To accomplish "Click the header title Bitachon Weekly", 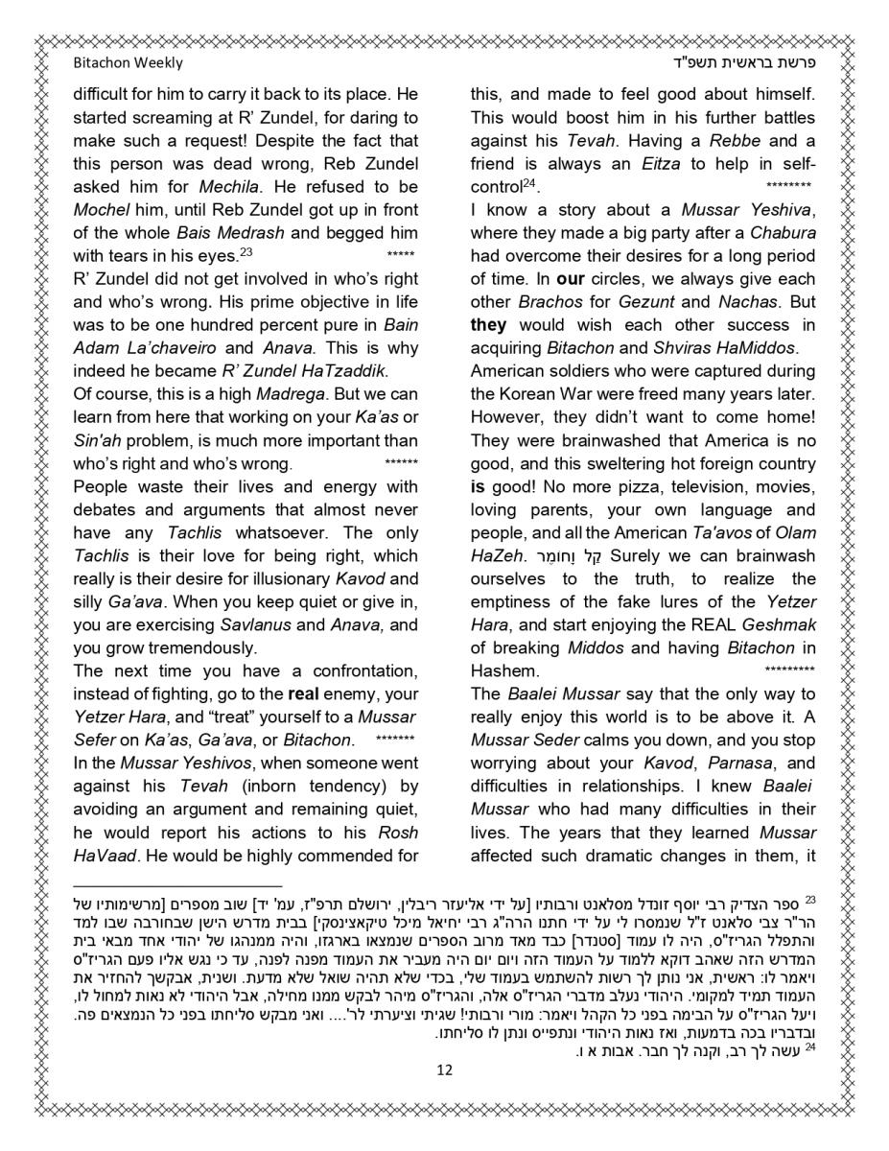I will [x=128, y=63].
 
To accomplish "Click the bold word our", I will [x=571, y=279].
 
